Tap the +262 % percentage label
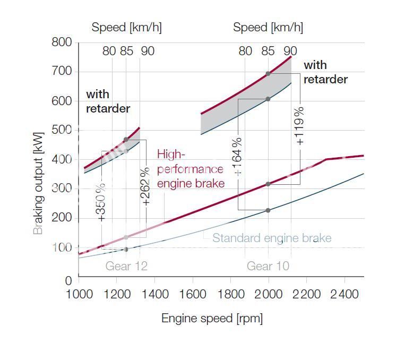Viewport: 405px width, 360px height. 147,186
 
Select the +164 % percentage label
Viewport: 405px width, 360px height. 238,156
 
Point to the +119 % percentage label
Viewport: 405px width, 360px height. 300,126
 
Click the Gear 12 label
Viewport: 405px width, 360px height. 126,266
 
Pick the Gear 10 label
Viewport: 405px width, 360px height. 268,266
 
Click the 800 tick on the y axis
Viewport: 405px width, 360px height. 62,42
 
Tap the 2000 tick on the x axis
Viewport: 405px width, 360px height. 268,294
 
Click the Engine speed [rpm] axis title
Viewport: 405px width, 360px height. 212,318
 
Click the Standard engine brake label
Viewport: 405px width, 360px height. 272,238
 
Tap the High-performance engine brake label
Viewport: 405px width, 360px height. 190,169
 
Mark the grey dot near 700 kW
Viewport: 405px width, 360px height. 268,74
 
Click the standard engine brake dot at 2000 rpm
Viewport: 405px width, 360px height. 268,210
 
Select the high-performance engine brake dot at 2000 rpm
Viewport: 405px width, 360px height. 268,184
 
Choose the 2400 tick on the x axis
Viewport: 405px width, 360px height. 344,294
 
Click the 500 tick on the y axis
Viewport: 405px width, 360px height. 62,131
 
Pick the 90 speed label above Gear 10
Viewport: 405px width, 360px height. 290,51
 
